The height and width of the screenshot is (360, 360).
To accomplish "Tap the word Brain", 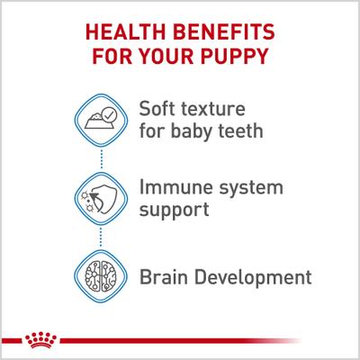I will click(x=166, y=274).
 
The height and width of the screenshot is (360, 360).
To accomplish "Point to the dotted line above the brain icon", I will click(x=101, y=238).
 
